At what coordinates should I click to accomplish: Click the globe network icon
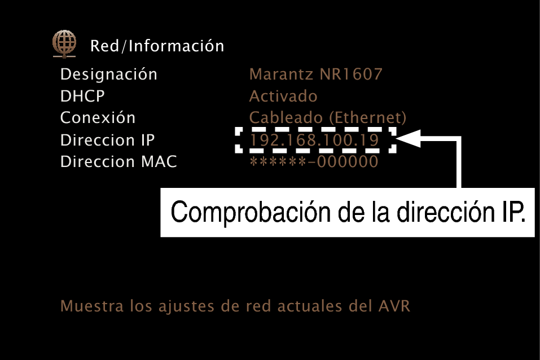pos(64,44)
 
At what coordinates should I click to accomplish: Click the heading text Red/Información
pos(157,46)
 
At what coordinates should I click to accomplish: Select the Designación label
pos(108,74)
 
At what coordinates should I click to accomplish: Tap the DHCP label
pos(82,96)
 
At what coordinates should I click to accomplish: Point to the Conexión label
pos(98,117)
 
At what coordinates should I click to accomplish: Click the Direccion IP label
pos(107,140)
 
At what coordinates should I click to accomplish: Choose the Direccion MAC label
pos(118,161)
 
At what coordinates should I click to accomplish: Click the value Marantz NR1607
pos(316,74)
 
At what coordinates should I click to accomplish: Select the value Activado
pos(283,96)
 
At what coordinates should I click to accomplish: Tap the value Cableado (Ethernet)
pos(327,118)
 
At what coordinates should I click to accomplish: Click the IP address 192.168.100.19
pos(314,140)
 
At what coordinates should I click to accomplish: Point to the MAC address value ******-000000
pos(314,161)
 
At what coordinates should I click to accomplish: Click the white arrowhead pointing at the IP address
pos(409,138)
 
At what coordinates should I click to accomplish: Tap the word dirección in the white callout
pos(446,212)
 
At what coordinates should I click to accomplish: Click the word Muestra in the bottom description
pos(92,306)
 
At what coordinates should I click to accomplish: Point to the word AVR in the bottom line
pos(394,306)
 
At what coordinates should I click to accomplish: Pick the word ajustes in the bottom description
pos(186,306)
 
